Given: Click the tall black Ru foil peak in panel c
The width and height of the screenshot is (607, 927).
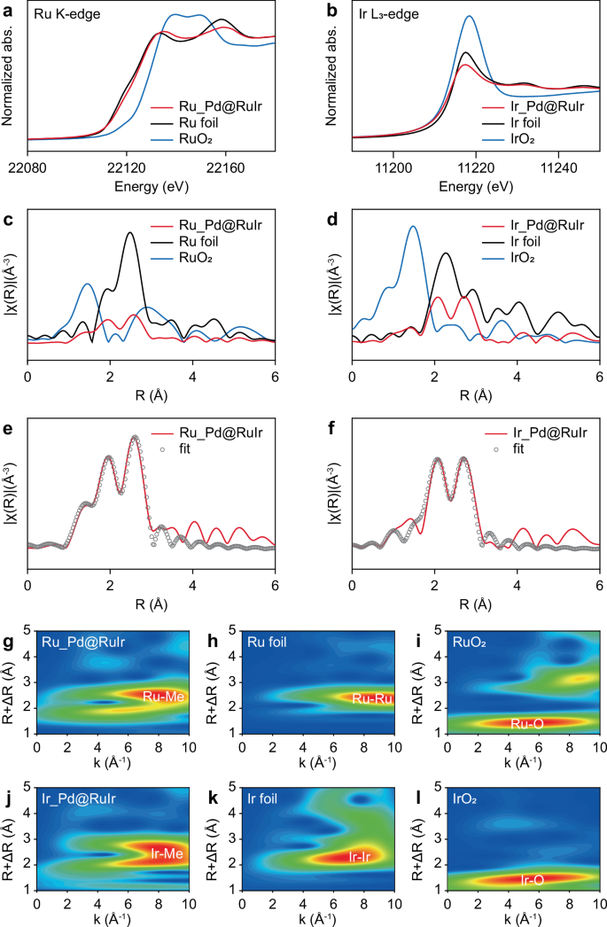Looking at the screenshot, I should point(131,233).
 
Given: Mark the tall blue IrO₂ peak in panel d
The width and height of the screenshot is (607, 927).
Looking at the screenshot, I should point(412,227).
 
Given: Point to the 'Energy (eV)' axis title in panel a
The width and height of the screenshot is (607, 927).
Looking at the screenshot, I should point(152,186).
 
